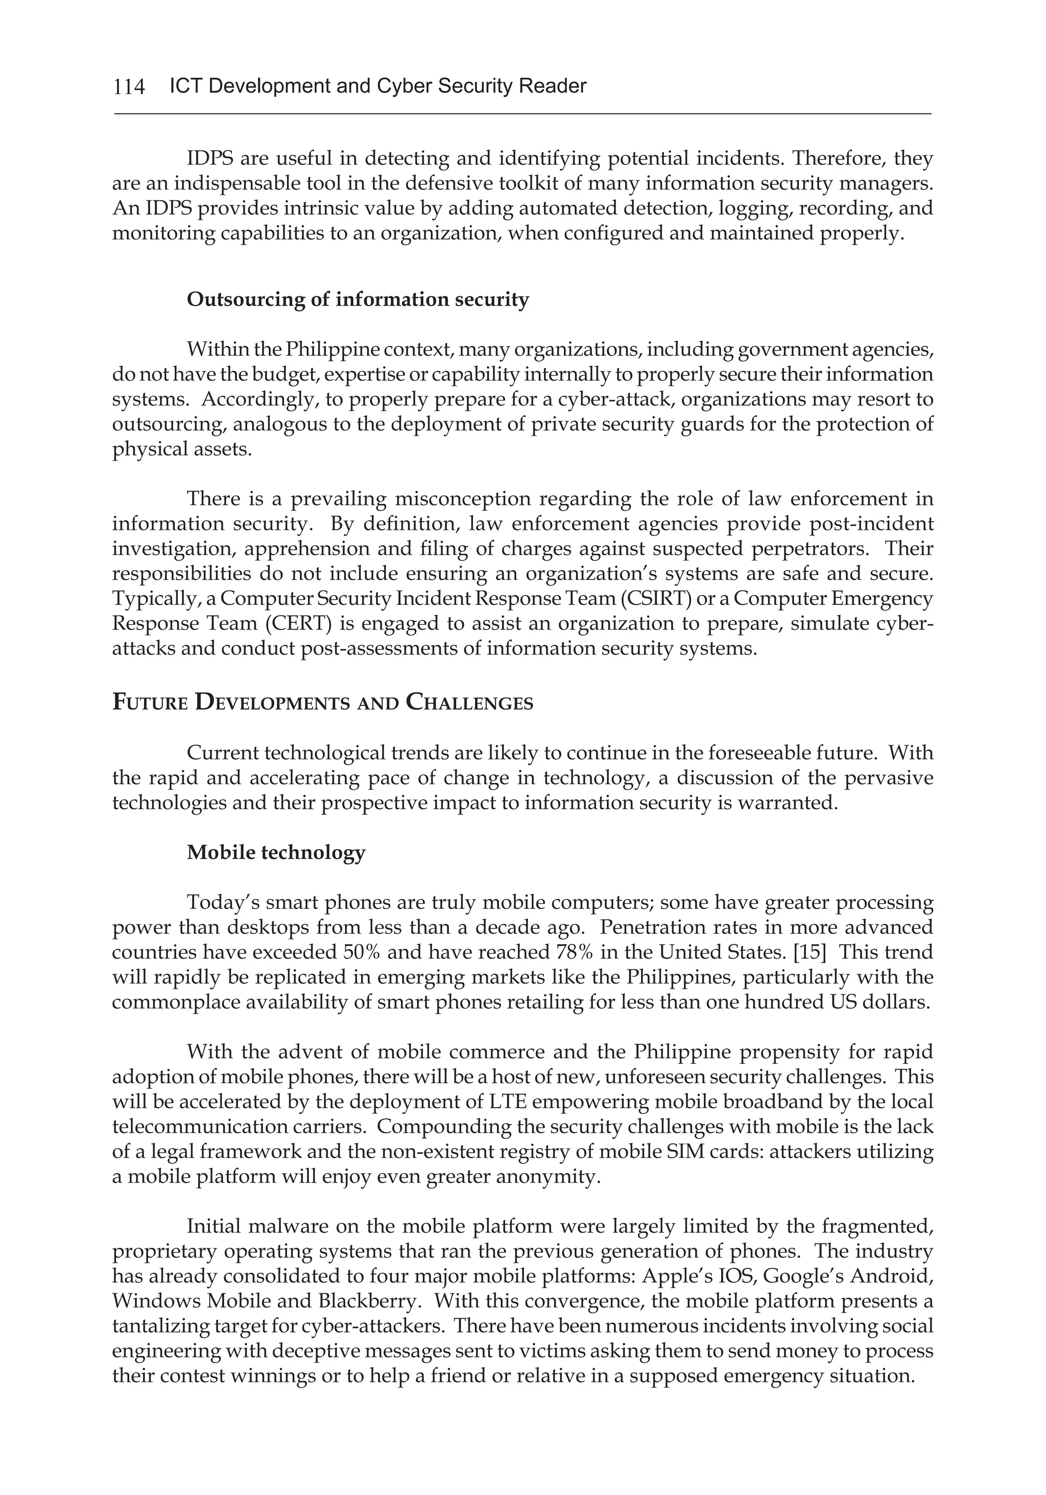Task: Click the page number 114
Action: pyautogui.click(x=129, y=86)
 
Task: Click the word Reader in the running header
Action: pyautogui.click(x=552, y=86)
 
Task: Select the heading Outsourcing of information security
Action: pyautogui.click(x=358, y=299)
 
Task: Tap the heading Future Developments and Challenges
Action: pyautogui.click(x=322, y=703)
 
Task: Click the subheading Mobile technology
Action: pyautogui.click(x=276, y=852)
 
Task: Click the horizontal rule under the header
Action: pyautogui.click(x=522, y=114)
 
